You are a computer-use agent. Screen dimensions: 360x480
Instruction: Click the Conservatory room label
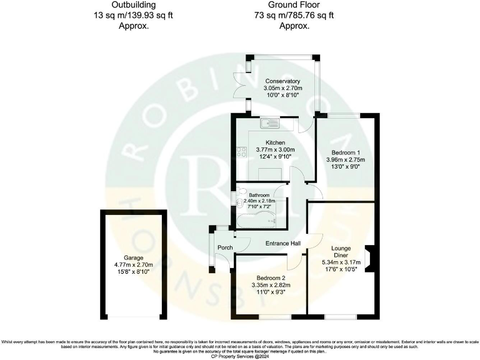282,81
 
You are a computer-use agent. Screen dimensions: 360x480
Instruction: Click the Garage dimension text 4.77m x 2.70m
133,265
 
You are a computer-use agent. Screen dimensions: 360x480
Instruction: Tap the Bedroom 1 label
346,152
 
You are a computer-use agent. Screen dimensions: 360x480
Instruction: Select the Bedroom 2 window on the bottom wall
274,316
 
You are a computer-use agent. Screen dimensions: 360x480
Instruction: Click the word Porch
224,247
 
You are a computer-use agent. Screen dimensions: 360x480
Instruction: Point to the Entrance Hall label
283,243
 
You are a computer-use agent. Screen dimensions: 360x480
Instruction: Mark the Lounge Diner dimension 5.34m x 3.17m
341,262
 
